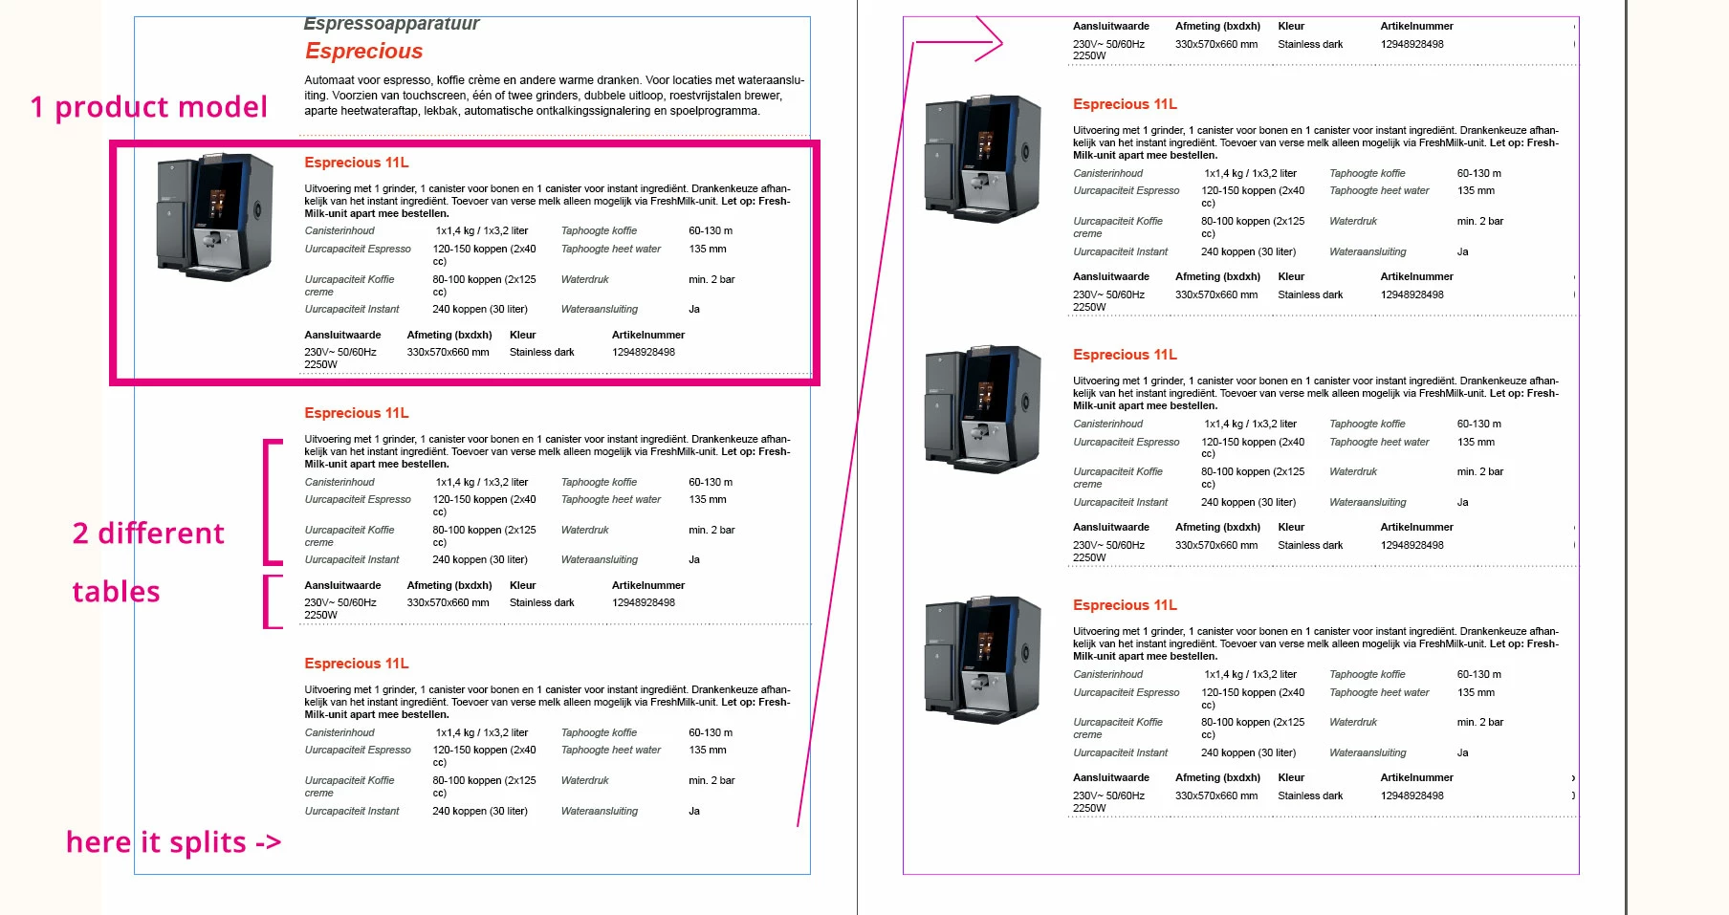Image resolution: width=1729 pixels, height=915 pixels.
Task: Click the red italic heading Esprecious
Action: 363,52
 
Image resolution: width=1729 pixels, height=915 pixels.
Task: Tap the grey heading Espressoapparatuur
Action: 391,24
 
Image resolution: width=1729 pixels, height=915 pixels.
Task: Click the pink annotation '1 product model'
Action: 148,107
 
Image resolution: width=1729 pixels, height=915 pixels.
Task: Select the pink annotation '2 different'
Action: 148,534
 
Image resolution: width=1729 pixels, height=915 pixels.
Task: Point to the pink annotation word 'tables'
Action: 116,592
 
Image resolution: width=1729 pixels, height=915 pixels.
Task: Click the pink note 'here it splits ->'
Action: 173,842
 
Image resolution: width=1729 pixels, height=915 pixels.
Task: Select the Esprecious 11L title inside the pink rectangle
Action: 356,163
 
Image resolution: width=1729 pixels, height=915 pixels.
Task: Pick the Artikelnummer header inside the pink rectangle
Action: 647,335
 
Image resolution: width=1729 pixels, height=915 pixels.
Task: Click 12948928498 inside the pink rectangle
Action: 643,352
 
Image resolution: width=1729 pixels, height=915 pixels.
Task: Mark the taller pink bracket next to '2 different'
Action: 272,501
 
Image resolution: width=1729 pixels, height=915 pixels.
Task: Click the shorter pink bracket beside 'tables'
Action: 272,600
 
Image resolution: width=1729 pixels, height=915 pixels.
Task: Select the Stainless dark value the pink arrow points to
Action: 1309,44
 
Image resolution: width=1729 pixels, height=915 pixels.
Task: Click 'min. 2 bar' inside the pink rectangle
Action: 711,279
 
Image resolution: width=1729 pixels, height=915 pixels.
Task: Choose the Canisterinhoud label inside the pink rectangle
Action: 339,230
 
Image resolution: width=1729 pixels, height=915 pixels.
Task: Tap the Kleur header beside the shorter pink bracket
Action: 522,585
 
